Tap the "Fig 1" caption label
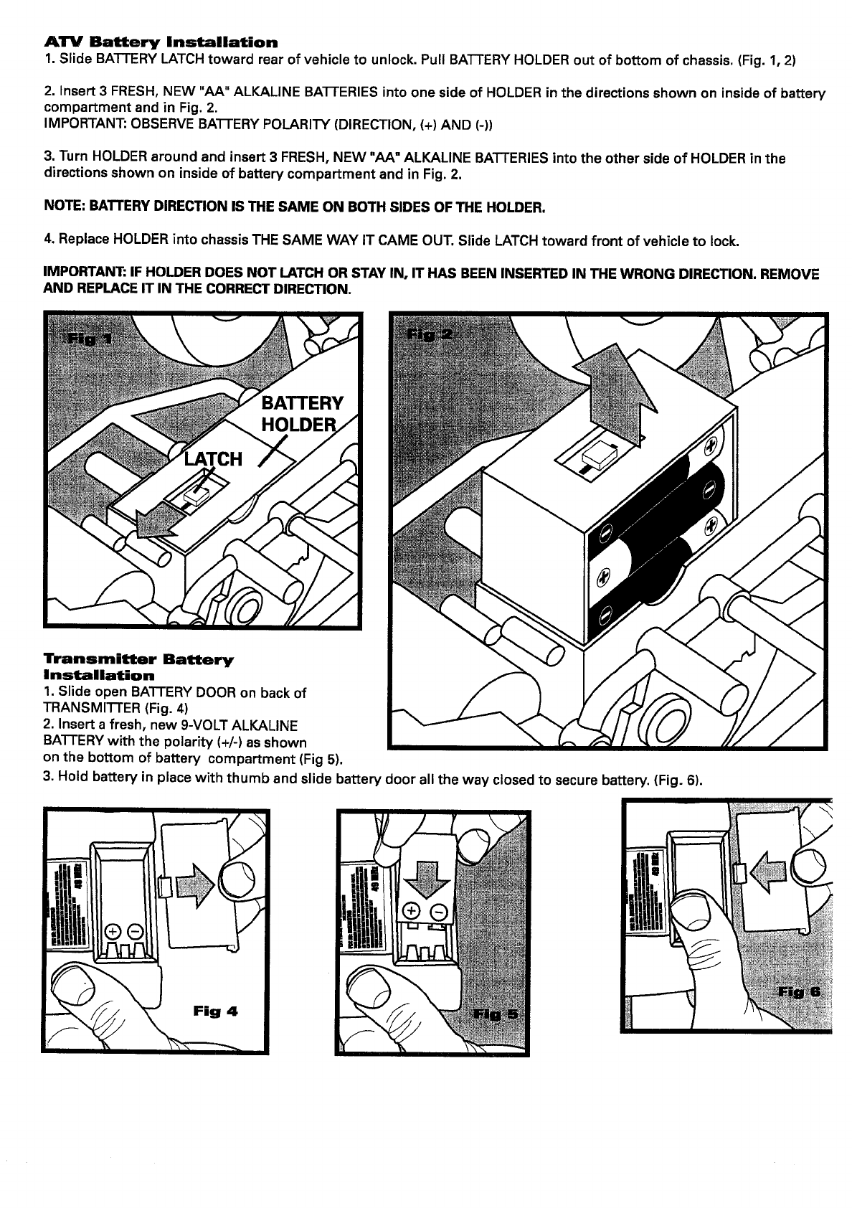pyautogui.click(x=87, y=338)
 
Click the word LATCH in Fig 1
pyautogui.click(x=214, y=459)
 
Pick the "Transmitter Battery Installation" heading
pyautogui.click(x=138, y=666)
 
